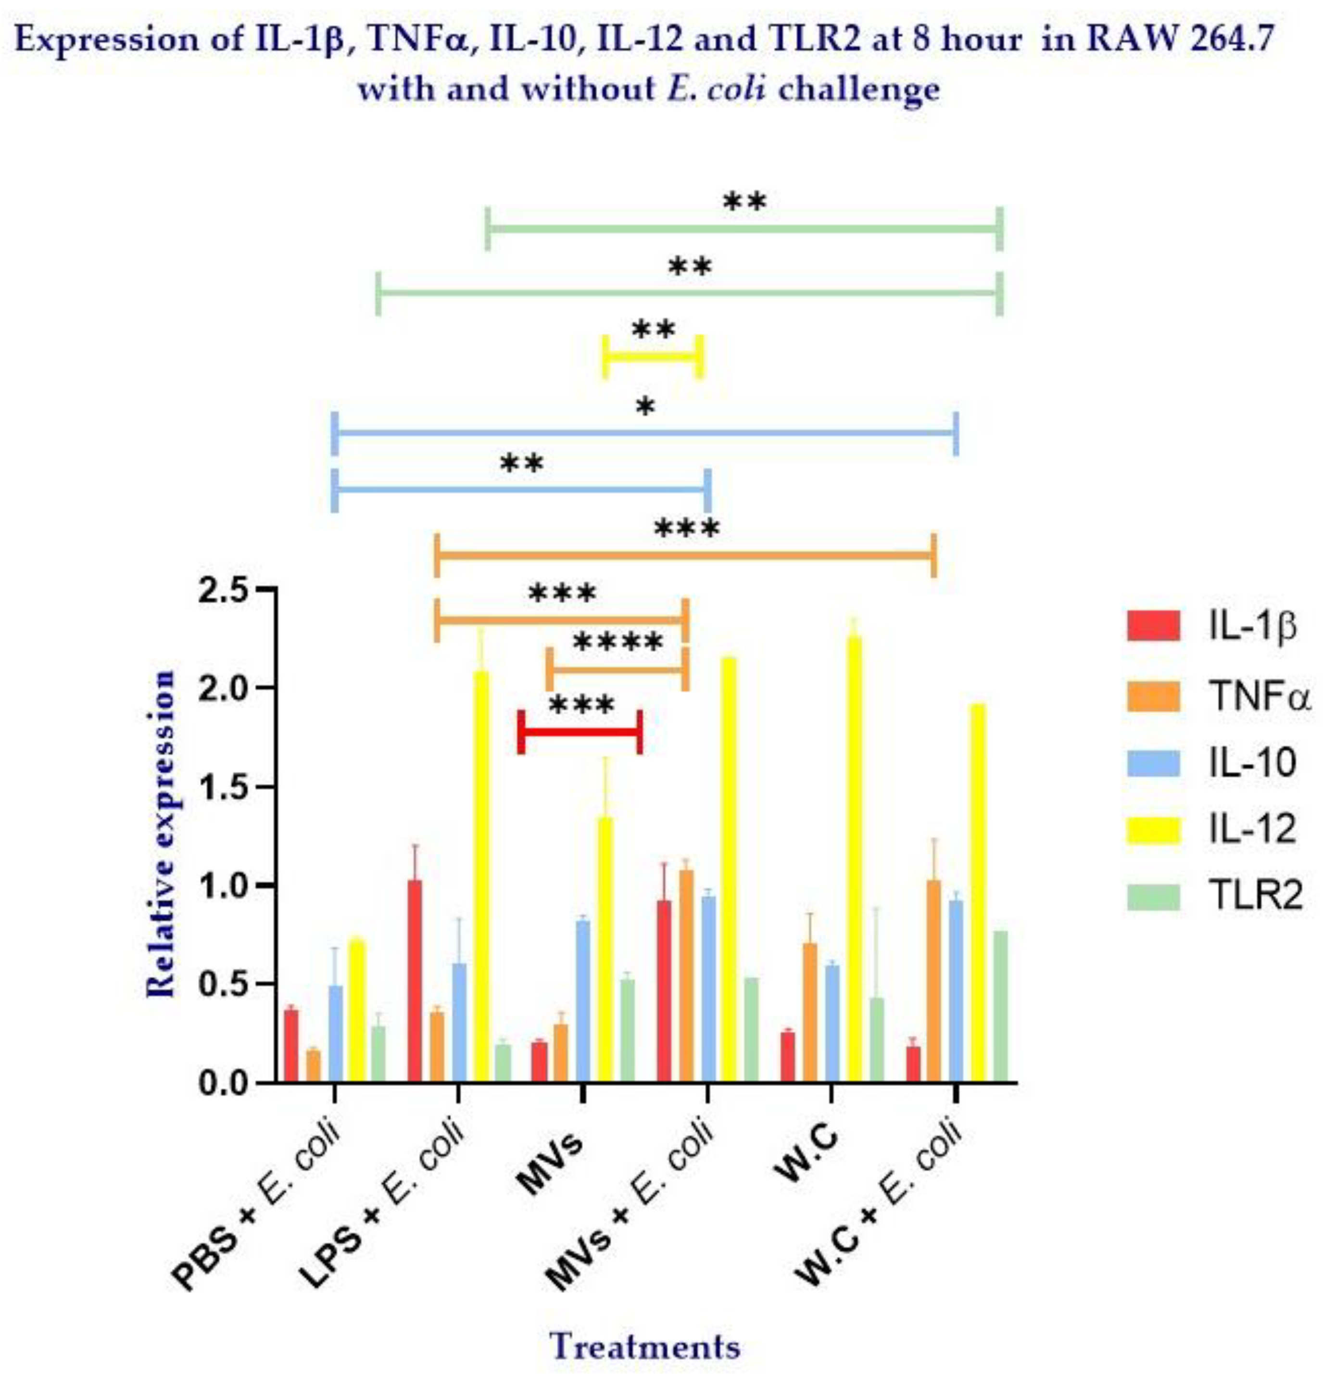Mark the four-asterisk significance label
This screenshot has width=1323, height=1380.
[x=617, y=643]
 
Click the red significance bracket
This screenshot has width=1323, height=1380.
[x=580, y=732]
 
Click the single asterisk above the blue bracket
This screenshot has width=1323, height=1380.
[x=644, y=406]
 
